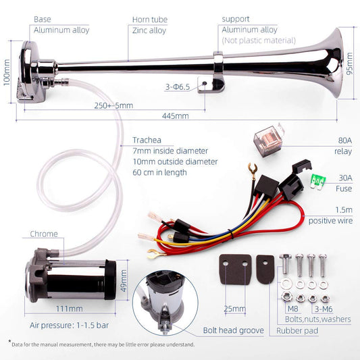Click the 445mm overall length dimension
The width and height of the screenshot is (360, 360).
click(x=176, y=115)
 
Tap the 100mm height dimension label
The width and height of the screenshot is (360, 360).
click(x=7, y=72)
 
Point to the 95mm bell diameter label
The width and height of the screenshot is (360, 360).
click(x=349, y=63)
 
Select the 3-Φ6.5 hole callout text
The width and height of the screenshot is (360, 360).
click(x=178, y=86)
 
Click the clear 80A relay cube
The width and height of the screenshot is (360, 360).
click(x=268, y=140)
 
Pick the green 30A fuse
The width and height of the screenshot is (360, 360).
click(x=317, y=182)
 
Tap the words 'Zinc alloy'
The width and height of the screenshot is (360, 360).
click(x=149, y=30)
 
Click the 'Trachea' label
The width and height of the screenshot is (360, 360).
click(x=147, y=140)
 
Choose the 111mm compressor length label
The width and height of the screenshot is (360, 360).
click(x=70, y=309)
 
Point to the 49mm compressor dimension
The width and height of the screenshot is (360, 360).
click(x=124, y=281)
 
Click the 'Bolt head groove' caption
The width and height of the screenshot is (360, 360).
click(x=233, y=330)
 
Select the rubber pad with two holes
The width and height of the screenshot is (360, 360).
click(x=235, y=269)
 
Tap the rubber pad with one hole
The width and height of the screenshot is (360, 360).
click(x=265, y=269)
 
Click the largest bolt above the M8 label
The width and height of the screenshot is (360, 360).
click(x=286, y=264)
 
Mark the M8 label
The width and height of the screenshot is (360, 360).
click(x=292, y=309)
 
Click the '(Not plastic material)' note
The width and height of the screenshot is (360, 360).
click(x=259, y=41)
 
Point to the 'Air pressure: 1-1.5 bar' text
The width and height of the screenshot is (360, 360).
click(x=69, y=325)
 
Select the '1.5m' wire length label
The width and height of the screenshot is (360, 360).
click(x=344, y=209)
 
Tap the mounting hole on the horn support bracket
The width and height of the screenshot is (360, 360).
click(x=205, y=83)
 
